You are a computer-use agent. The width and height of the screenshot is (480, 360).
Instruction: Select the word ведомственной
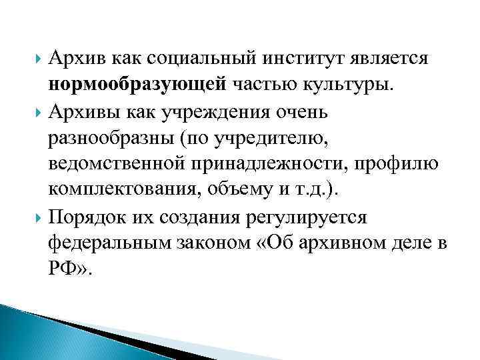tap(119, 163)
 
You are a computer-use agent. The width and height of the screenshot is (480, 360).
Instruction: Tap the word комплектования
tap(125, 190)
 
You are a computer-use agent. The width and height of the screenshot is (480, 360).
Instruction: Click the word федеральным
tap(109, 243)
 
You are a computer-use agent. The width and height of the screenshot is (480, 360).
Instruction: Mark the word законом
tap(215, 243)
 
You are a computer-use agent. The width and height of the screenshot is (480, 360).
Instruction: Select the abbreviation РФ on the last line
tap(61, 269)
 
